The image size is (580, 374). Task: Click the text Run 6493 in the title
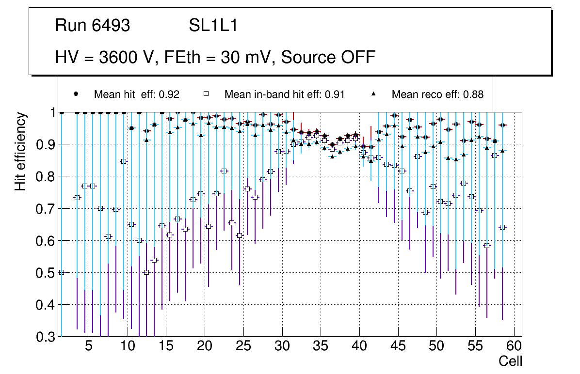pyautogui.click(x=93, y=26)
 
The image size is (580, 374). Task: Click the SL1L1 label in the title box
pyautogui.click(x=213, y=26)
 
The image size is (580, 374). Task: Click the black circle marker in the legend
pyautogui.click(x=76, y=94)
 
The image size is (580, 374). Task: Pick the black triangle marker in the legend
pyautogui.click(x=373, y=94)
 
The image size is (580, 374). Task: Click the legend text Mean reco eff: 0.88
pyautogui.click(x=437, y=94)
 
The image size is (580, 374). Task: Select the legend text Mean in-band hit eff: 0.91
pyautogui.click(x=284, y=94)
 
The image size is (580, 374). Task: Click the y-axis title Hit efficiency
pyautogui.click(x=20, y=151)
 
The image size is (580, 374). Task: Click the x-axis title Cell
pyautogui.click(x=511, y=361)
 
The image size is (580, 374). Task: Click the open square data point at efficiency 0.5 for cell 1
pyautogui.click(x=62, y=272)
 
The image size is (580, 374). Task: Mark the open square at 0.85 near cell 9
pyautogui.click(x=123, y=161)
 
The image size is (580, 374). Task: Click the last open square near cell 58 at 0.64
pyautogui.click(x=502, y=227)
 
